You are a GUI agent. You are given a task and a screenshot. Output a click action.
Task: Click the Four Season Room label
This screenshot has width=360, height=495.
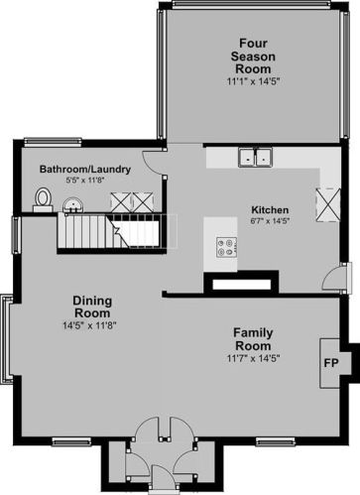253,57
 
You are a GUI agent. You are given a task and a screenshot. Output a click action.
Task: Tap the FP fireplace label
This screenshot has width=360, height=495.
331,363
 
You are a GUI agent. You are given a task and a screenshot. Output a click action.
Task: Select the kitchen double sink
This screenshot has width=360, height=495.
255,157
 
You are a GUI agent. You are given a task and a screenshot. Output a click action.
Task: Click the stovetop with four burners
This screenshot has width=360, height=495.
227,247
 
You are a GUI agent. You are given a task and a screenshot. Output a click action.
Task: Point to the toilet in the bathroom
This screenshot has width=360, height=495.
43,199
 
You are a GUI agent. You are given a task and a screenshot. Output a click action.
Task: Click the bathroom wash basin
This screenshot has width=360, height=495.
72,205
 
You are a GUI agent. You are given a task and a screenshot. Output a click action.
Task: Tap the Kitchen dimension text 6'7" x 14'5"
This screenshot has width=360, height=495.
270,221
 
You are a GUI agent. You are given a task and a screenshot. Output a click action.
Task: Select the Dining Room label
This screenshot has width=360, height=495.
92,307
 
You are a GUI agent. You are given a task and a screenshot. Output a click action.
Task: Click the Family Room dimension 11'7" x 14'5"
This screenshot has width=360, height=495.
253,358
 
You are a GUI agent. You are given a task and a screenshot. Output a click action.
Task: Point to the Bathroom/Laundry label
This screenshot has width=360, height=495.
85,170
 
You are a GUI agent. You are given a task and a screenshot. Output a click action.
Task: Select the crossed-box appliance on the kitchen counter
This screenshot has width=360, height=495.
328,205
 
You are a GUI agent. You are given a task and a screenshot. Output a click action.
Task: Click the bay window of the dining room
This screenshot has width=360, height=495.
7,339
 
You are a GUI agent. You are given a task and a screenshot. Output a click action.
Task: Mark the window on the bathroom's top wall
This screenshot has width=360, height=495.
53,142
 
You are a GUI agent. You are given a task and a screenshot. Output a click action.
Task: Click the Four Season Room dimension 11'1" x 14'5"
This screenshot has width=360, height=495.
253,81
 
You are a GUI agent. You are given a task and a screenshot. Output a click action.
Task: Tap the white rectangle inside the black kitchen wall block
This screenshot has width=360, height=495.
242,285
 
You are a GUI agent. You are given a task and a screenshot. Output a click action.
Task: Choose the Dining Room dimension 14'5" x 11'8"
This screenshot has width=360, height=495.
89,325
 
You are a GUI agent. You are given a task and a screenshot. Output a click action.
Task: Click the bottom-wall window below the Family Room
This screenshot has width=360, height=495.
276,441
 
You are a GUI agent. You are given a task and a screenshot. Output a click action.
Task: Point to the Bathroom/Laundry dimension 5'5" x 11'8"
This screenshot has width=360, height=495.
85,181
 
